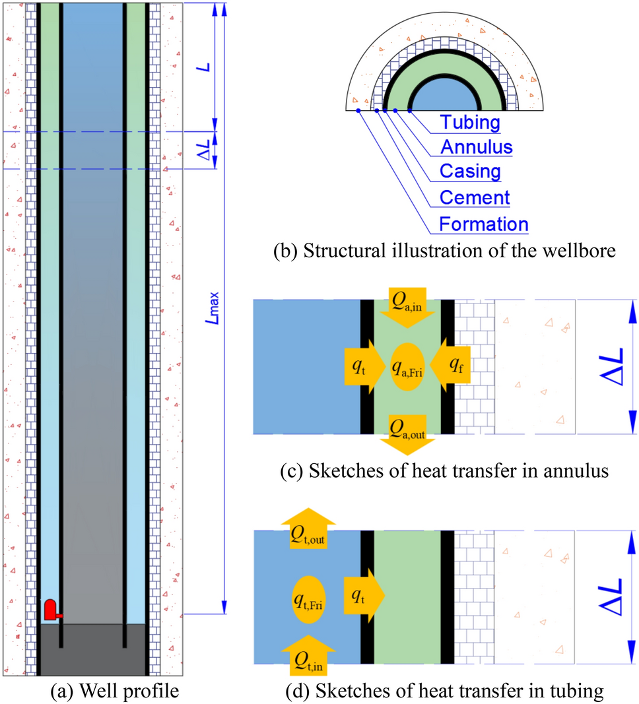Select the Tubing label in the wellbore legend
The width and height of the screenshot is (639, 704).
coord(470,123)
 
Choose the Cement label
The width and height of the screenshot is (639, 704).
coord(474,197)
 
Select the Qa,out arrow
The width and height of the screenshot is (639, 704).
coord(407,435)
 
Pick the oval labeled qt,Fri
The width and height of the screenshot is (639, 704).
coord(308,599)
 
